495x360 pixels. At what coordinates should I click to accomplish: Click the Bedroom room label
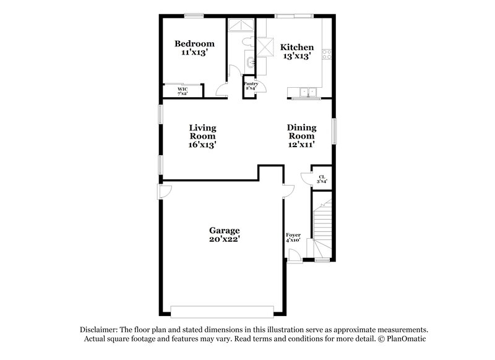194,43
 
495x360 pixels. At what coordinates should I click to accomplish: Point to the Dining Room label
301,132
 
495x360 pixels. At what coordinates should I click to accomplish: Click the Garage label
224,229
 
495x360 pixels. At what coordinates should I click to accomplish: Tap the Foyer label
293,235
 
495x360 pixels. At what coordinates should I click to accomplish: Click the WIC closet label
183,89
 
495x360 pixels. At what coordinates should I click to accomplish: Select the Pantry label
251,83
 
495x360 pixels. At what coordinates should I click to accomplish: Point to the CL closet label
321,176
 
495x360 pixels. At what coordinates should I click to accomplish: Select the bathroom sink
249,62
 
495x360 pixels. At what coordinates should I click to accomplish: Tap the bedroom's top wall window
194,15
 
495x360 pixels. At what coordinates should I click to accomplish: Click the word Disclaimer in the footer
98,330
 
